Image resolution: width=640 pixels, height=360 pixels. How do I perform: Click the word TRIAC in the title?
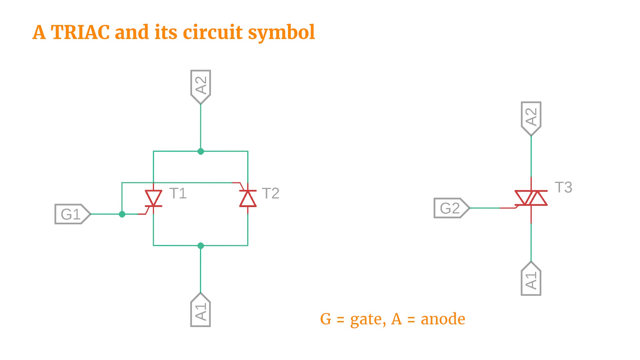80,32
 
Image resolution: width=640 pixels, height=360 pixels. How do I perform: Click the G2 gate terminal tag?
451,208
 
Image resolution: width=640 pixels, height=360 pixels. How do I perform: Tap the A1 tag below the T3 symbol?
531,279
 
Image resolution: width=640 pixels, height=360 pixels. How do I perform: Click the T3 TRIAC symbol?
531,198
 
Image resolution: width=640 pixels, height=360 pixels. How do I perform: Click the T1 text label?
178,193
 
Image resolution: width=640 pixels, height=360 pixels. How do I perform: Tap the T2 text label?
271,193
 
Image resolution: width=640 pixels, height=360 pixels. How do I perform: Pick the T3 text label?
563,187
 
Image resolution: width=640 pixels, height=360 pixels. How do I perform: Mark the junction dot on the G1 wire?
122,214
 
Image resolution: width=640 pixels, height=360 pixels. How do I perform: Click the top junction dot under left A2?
201,151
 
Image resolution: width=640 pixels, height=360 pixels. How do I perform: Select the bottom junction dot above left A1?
201,246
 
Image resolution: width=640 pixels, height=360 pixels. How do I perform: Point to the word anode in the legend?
443,319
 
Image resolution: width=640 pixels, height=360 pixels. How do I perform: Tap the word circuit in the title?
213,32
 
